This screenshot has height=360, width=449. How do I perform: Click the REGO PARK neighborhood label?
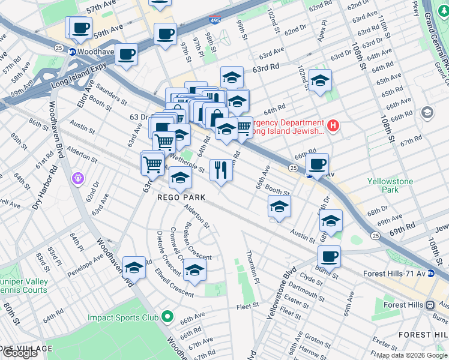[x=182, y=197]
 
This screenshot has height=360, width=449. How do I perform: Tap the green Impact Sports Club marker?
[x=167, y=317]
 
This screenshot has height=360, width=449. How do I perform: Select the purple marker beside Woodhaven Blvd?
[x=78, y=178]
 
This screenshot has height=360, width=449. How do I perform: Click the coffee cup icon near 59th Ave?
[x=80, y=27]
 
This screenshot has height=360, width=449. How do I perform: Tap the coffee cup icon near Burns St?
[x=328, y=256]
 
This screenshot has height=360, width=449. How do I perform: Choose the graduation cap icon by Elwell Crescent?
[x=194, y=270]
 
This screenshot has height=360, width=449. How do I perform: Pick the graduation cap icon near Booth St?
[x=279, y=206]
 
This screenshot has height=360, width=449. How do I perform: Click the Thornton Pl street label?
[x=253, y=267]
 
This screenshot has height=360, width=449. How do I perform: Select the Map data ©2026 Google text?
[x=411, y=355]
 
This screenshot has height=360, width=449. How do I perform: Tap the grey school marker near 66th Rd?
[x=427, y=112]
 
